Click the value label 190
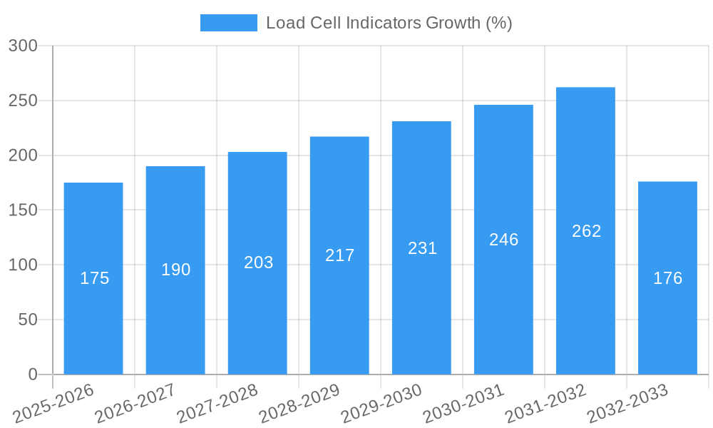pyautogui.click(x=175, y=270)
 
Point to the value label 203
pyautogui.click(x=258, y=263)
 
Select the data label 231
pyautogui.click(x=422, y=248)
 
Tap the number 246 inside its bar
pyautogui.click(x=503, y=240)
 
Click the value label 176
pyautogui.click(x=667, y=278)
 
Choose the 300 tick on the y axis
pyautogui.click(x=23, y=46)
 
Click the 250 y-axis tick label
pyautogui.click(x=23, y=101)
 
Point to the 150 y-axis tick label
pyautogui.click(x=23, y=210)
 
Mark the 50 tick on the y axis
pyautogui.click(x=28, y=320)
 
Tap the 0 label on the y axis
pyautogui.click(x=32, y=374)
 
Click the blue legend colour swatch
pyautogui.click(x=228, y=23)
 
